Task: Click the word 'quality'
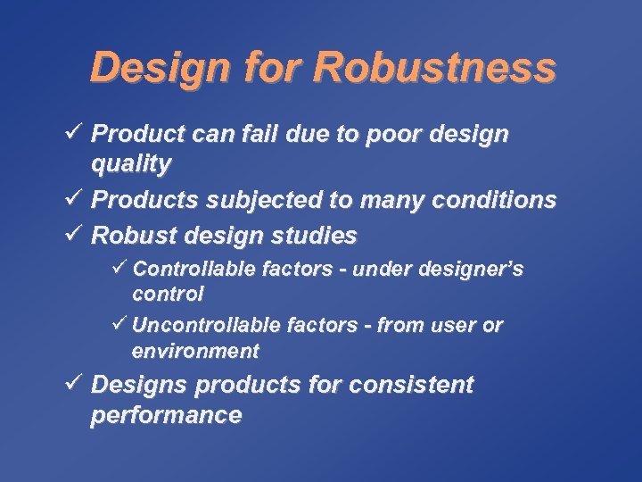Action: tap(131, 163)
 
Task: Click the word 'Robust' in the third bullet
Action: tap(133, 236)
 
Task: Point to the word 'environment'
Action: tap(195, 351)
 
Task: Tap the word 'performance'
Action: tap(166, 415)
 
